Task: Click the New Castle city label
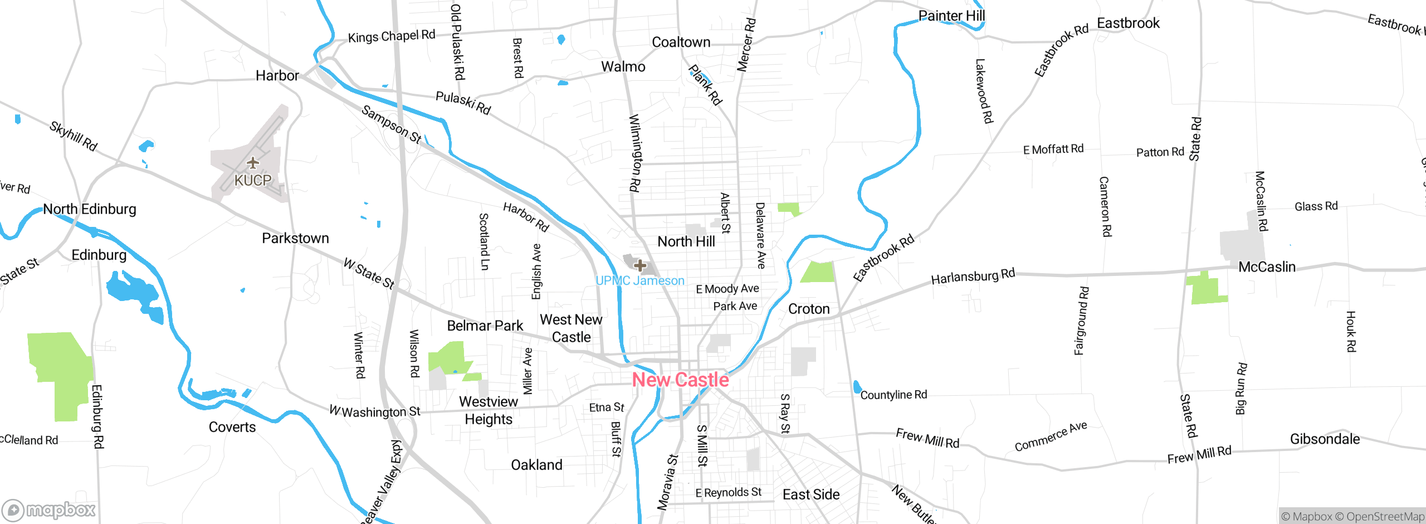click(x=680, y=380)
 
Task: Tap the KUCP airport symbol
click(x=253, y=163)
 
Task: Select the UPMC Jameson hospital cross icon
click(x=640, y=265)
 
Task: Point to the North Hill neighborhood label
click(x=686, y=241)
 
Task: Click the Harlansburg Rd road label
click(x=973, y=276)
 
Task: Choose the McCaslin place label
click(x=1267, y=267)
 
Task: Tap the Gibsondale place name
click(x=1325, y=439)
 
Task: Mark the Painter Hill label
click(x=951, y=16)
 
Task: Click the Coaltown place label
click(x=681, y=42)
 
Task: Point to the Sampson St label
click(x=391, y=124)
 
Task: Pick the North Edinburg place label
click(x=90, y=209)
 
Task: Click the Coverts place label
click(x=232, y=427)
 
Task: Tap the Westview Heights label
click(x=489, y=410)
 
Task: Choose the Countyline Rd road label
click(x=893, y=395)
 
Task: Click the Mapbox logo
click(x=49, y=510)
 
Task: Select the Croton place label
click(x=809, y=309)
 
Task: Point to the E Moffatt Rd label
click(x=1053, y=149)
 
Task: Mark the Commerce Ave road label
click(x=1051, y=436)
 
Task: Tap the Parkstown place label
click(x=295, y=239)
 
